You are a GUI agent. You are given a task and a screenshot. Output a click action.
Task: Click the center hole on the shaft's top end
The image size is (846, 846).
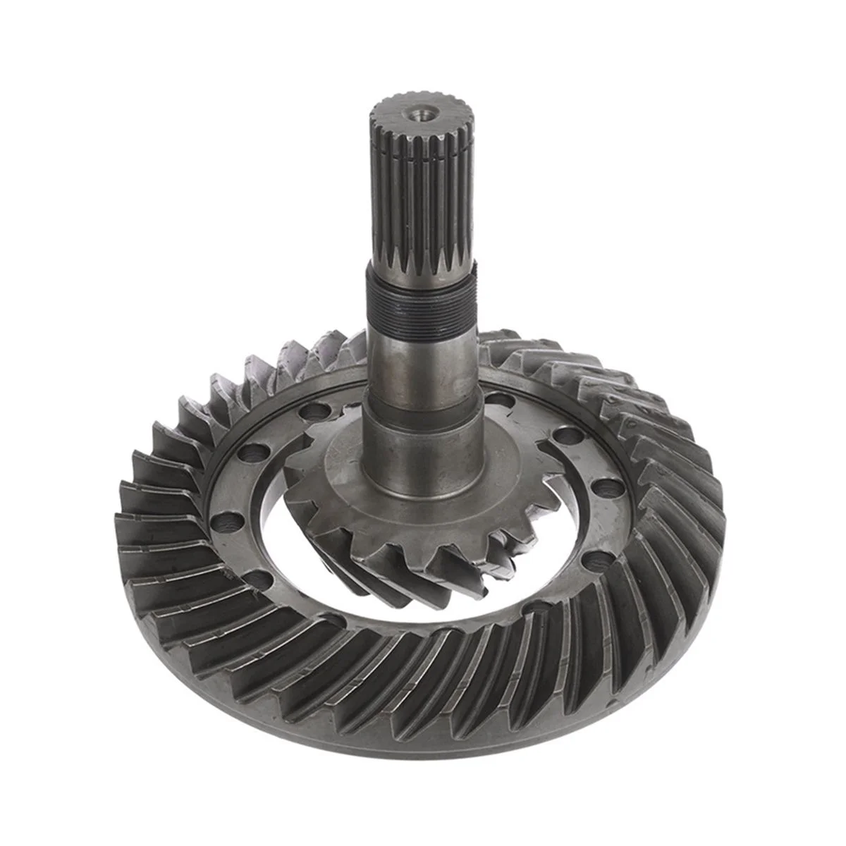(424, 111)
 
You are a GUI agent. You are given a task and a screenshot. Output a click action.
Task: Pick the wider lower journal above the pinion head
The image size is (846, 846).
(422, 451)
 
